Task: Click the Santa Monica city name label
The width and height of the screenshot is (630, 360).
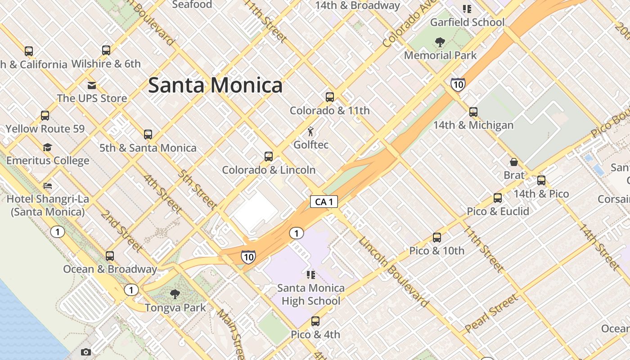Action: (x=215, y=85)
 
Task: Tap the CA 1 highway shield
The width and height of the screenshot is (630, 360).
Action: (x=324, y=202)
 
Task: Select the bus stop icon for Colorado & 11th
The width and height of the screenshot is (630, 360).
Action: (x=330, y=97)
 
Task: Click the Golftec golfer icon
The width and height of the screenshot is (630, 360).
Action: (x=310, y=131)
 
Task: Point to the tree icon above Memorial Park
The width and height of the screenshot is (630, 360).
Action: (x=440, y=42)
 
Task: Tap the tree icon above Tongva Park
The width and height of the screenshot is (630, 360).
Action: (x=175, y=294)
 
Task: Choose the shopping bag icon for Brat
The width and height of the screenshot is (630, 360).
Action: (x=514, y=162)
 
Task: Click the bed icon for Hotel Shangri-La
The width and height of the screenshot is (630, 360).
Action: (x=48, y=185)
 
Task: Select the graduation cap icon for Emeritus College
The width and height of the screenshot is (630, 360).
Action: (x=48, y=147)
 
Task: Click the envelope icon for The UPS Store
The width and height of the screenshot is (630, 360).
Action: (x=92, y=85)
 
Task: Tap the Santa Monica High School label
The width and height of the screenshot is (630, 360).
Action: (x=311, y=294)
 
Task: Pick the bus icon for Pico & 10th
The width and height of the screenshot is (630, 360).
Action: (x=437, y=237)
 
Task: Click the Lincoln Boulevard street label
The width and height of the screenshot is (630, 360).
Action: (x=393, y=272)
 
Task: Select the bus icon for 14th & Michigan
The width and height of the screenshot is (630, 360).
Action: (x=473, y=112)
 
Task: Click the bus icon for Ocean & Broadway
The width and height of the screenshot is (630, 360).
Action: (x=110, y=256)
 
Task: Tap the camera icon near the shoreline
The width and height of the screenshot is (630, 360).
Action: (x=86, y=352)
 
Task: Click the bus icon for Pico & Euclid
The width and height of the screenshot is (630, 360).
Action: (x=498, y=198)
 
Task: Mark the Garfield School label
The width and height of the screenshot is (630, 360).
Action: (x=467, y=22)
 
